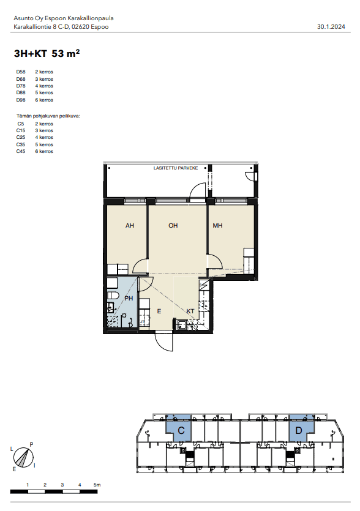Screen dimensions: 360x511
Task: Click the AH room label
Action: click(130, 226)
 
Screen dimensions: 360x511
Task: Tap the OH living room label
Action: click(173, 226)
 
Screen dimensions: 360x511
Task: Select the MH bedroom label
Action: click(217, 226)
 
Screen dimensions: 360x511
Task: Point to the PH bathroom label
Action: click(129, 298)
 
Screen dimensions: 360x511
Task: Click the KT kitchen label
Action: click(190, 311)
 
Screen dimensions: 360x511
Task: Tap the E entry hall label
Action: click(159, 311)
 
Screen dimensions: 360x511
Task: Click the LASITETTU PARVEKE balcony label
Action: click(176, 168)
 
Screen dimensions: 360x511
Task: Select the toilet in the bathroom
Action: click(113, 296)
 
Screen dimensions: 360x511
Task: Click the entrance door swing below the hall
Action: click(164, 341)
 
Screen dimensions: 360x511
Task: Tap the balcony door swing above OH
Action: click(198, 190)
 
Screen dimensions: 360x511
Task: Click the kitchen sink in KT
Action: click(181, 324)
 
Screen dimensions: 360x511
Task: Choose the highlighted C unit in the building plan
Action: click(179, 428)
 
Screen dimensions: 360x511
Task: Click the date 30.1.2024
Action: click(331, 27)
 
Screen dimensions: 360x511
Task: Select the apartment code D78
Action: click(21, 86)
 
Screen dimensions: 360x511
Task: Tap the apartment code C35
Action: click(21, 144)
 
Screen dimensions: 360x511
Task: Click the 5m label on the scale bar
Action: click(97, 485)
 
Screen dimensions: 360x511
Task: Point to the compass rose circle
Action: click(23, 457)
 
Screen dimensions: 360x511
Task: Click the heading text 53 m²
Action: click(66, 53)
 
